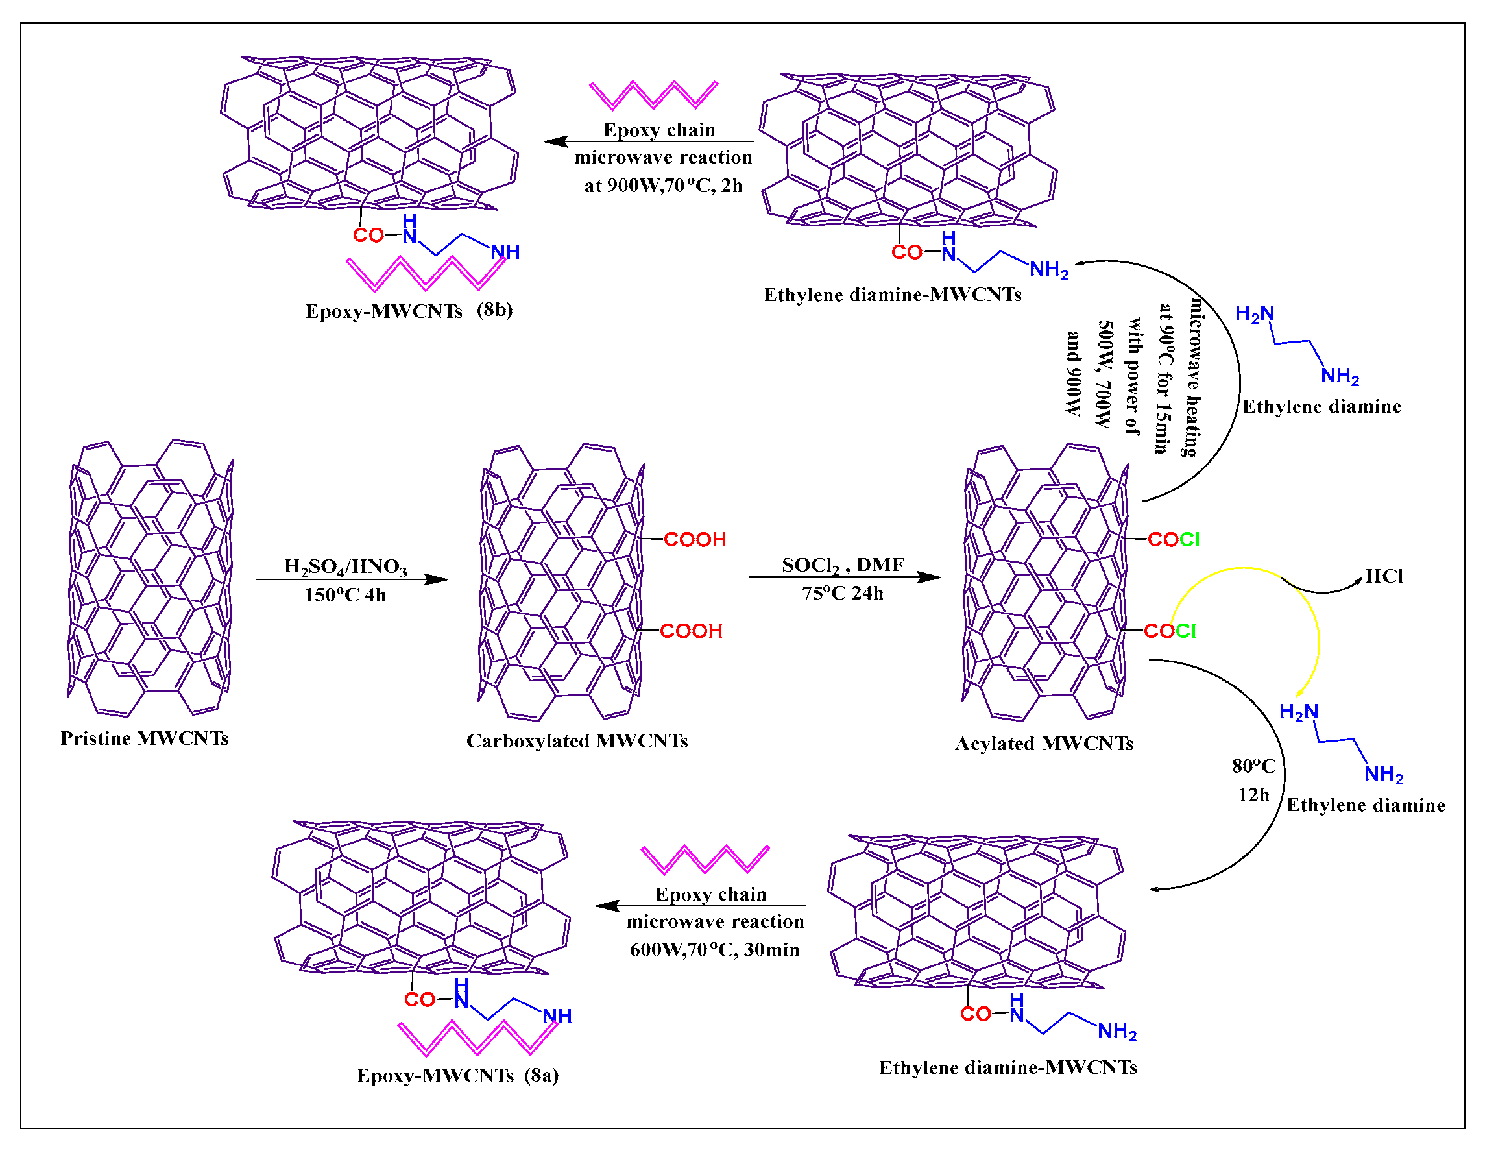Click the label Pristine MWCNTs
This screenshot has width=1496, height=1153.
click(145, 738)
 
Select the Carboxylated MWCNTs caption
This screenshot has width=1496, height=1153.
click(577, 741)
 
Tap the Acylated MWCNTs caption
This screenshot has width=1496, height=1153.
click(1044, 744)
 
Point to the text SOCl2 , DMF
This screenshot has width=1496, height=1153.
click(843, 565)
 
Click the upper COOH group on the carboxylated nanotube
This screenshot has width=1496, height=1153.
click(695, 540)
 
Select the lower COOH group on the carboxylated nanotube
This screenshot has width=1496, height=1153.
click(690, 631)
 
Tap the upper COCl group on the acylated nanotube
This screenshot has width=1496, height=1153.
click(1174, 540)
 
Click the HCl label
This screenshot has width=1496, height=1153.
click(1384, 576)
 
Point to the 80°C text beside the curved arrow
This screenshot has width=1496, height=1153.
click(1253, 766)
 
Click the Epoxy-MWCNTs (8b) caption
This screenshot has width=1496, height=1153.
click(409, 311)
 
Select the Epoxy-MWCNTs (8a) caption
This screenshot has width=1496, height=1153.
click(457, 1076)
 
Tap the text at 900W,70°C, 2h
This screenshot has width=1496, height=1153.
click(663, 186)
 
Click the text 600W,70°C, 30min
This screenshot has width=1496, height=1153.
click(714, 950)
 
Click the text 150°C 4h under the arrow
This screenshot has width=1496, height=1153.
click(345, 594)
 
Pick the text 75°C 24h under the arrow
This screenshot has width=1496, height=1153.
click(843, 593)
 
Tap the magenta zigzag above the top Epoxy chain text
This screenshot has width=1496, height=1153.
click(653, 95)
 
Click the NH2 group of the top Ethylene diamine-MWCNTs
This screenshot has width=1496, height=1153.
click(1049, 270)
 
